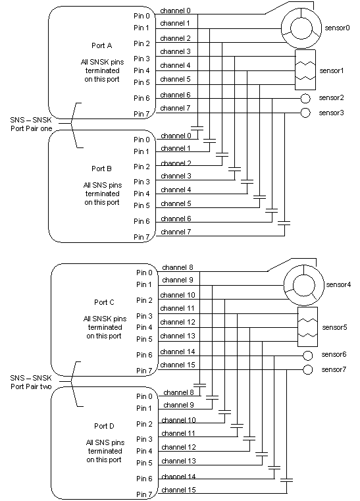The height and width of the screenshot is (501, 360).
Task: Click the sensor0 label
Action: tap(337, 28)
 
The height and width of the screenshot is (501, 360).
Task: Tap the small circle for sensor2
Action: tap(305, 98)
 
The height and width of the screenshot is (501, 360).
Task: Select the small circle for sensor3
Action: tap(305, 113)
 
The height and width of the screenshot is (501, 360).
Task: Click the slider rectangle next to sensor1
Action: tap(305, 70)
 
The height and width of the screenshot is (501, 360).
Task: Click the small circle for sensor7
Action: tap(307, 370)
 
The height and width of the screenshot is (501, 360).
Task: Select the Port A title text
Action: tap(101, 45)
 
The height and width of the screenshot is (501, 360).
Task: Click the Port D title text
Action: tap(104, 426)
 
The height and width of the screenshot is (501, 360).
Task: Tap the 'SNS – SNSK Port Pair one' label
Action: tap(31, 124)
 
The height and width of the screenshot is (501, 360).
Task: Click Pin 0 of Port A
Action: tap(141, 16)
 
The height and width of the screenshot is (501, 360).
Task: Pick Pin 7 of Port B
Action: tap(141, 237)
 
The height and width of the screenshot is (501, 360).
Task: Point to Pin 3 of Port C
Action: tap(144, 316)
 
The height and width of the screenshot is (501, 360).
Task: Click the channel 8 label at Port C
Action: tap(177, 267)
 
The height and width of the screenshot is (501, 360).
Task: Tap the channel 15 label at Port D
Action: tap(178, 490)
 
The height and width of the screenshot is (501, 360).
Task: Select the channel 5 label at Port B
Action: tap(176, 203)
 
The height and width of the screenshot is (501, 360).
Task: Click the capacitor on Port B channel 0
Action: tap(197, 128)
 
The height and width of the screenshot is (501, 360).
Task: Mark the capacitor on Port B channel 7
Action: tap(284, 223)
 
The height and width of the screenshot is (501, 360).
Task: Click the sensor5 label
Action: tap(334, 327)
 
